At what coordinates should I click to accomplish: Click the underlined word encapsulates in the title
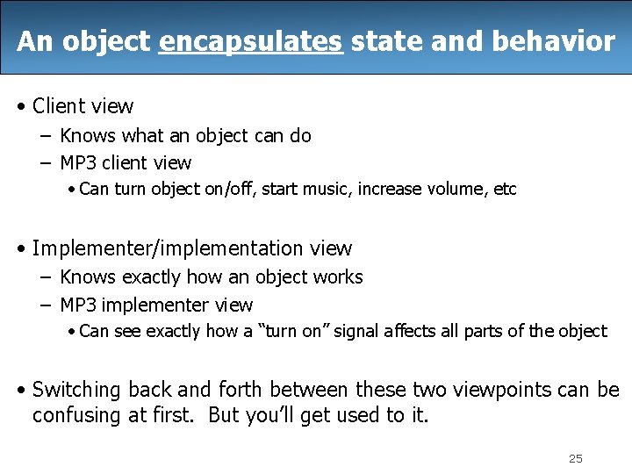point(251,41)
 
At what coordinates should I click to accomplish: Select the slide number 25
point(576,458)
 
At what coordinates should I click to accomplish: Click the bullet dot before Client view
point(22,107)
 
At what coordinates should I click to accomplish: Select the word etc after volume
point(505,189)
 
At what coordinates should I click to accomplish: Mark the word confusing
point(76,414)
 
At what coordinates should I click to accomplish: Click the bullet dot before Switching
point(22,390)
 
